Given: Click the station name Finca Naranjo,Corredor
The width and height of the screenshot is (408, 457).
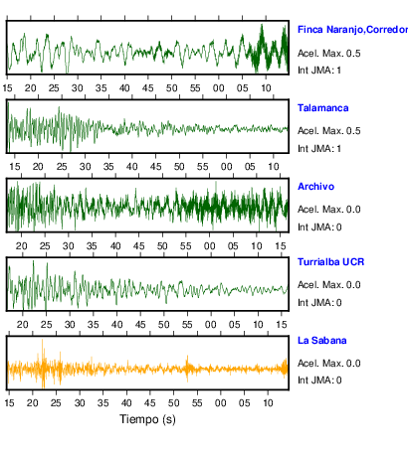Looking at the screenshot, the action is point(352,30).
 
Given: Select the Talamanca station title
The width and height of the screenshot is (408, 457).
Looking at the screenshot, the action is point(322,108).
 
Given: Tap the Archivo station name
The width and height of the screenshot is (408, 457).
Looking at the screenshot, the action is point(315,187).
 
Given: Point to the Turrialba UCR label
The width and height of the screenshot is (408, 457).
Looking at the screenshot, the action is point(330,262).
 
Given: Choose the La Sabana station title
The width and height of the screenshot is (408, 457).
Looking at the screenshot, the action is point(321,341).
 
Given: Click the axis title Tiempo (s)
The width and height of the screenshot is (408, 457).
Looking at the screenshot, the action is point(147,419).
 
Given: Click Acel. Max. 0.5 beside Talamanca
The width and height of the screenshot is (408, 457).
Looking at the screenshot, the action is point(328,131).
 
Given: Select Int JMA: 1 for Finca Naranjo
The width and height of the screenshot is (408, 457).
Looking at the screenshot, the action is point(319,71).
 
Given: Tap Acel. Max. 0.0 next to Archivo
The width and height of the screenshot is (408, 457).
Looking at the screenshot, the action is point(328,210).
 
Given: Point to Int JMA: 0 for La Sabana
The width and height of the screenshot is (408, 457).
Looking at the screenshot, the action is point(319,381).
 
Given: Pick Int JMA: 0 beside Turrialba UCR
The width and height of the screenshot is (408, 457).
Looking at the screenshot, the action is point(319,303).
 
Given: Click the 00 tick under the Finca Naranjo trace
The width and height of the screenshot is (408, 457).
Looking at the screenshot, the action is point(218,88).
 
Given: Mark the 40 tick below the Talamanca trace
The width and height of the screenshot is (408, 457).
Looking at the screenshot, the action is point(132,166).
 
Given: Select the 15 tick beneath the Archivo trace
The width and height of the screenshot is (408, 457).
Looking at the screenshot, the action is point(281,246).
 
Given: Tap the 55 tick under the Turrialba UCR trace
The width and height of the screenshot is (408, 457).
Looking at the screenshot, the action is point(187,325).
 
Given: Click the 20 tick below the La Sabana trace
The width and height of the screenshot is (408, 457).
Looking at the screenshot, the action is point(33,403).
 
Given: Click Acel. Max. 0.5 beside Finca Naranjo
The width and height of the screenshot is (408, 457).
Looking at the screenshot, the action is point(328,54).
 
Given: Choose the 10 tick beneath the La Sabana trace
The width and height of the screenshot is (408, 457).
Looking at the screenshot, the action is point(268,403).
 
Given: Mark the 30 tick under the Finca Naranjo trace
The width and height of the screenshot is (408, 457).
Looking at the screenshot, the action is point(77,88).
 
